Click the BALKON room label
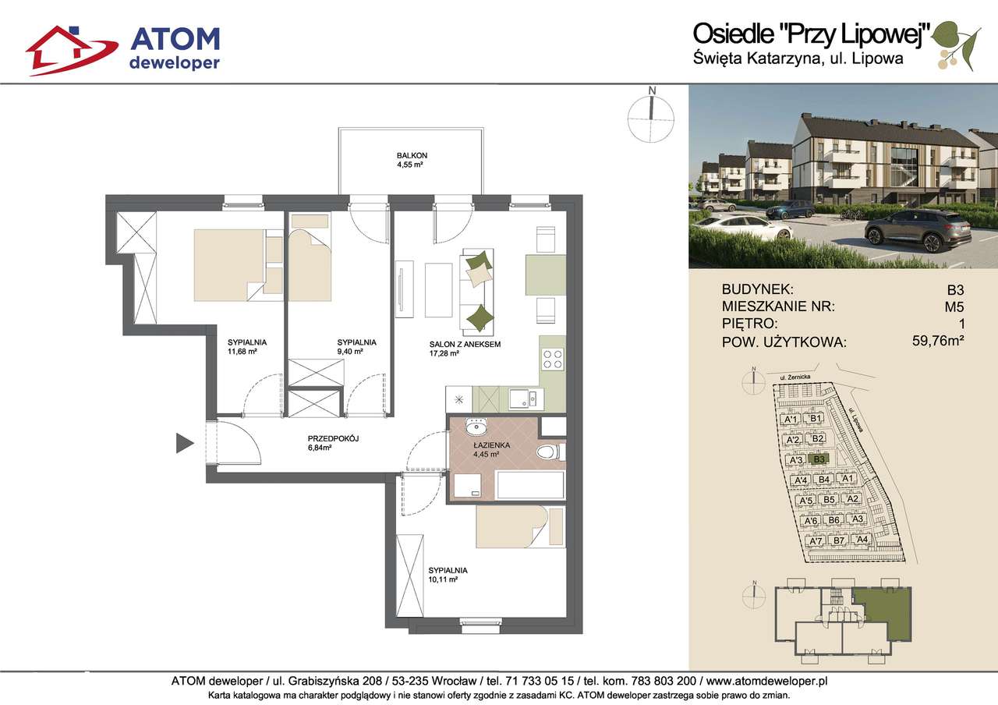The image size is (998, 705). click(x=412, y=155)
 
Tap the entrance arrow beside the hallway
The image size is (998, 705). click(x=185, y=443)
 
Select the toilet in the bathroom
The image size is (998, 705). click(x=550, y=452)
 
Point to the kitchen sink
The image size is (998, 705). click(x=526, y=399)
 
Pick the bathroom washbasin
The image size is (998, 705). click(x=476, y=427)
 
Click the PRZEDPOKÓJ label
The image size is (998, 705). click(x=333, y=438)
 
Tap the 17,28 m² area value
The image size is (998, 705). click(x=444, y=353)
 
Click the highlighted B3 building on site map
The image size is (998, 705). click(x=819, y=459)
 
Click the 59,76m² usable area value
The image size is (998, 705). click(x=938, y=341)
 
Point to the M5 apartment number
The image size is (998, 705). click(x=954, y=306)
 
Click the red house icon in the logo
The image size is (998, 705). click(x=71, y=51)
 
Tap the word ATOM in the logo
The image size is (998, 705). click(x=175, y=39)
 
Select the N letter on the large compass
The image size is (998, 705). click(x=652, y=91)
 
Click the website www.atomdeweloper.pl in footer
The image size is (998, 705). click(x=766, y=681)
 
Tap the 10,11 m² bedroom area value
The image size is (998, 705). click(x=443, y=579)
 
